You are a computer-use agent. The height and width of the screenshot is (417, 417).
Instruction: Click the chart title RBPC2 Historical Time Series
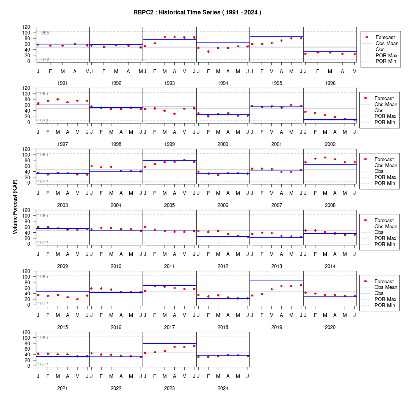198,13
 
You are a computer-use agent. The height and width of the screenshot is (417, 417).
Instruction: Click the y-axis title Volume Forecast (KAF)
15,207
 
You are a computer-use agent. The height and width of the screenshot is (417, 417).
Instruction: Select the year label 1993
169,83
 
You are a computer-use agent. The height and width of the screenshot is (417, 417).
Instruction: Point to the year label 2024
223,389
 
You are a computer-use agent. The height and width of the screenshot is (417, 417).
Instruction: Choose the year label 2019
277,328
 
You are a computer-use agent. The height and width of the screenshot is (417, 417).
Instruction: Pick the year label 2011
169,266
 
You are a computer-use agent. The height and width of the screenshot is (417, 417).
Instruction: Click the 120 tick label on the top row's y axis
26,27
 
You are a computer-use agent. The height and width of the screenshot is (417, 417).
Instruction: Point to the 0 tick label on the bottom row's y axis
28,366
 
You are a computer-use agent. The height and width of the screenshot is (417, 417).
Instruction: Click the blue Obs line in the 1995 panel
277,37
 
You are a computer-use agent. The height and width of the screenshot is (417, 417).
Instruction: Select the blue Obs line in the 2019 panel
277,281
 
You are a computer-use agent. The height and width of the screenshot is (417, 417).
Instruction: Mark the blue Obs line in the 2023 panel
170,343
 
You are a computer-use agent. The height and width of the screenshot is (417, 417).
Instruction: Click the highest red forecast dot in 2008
325,157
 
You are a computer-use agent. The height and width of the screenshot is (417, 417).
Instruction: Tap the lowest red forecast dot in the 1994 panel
208,52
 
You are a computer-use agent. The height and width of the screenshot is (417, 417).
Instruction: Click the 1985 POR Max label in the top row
44,33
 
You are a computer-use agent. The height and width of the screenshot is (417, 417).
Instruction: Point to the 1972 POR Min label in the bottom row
43,365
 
